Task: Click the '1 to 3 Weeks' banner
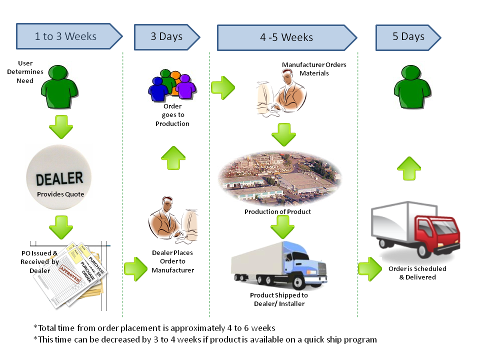66,36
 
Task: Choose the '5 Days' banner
408,36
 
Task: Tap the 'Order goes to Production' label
172,115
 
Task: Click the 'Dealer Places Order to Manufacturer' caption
172,261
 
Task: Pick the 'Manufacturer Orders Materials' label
313,69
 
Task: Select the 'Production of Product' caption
277,211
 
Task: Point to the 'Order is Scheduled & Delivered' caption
417,272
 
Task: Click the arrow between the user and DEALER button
61,126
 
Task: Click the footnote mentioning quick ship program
205,339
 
